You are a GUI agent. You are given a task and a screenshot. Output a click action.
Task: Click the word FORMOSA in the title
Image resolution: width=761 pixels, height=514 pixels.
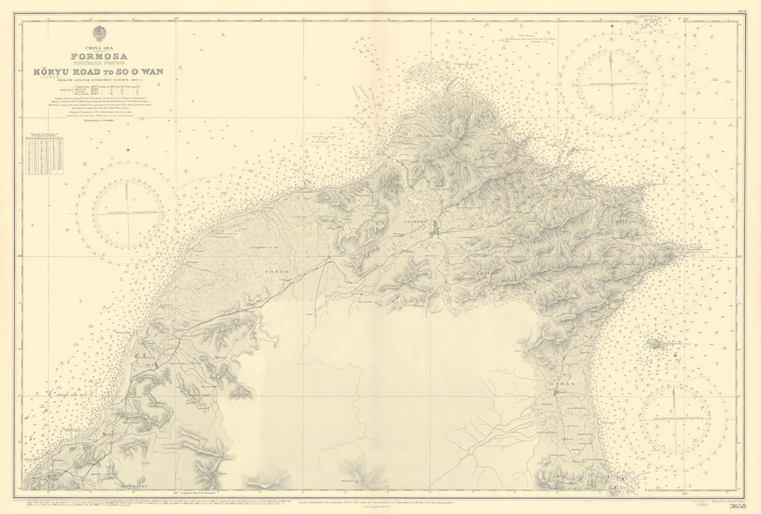coord(100,56)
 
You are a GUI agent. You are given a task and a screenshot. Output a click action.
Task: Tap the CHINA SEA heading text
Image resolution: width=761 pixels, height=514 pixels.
coord(100,48)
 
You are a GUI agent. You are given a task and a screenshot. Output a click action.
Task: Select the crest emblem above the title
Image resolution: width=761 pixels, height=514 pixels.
coord(100,33)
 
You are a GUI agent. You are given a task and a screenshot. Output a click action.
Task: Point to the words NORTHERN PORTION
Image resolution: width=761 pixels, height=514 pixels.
coord(100,64)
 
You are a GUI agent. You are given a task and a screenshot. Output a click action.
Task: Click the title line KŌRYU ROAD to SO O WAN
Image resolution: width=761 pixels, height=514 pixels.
coord(100,72)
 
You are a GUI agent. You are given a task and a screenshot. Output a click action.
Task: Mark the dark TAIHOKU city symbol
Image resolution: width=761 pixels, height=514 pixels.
coord(434,232)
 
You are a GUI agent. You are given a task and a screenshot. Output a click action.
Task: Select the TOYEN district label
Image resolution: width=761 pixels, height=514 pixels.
coord(275,272)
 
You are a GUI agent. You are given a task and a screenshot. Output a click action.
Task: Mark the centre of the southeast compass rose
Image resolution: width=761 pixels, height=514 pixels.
coord(675,415)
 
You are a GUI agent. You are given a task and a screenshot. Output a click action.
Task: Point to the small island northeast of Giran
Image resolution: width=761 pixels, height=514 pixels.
coord(656,343)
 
